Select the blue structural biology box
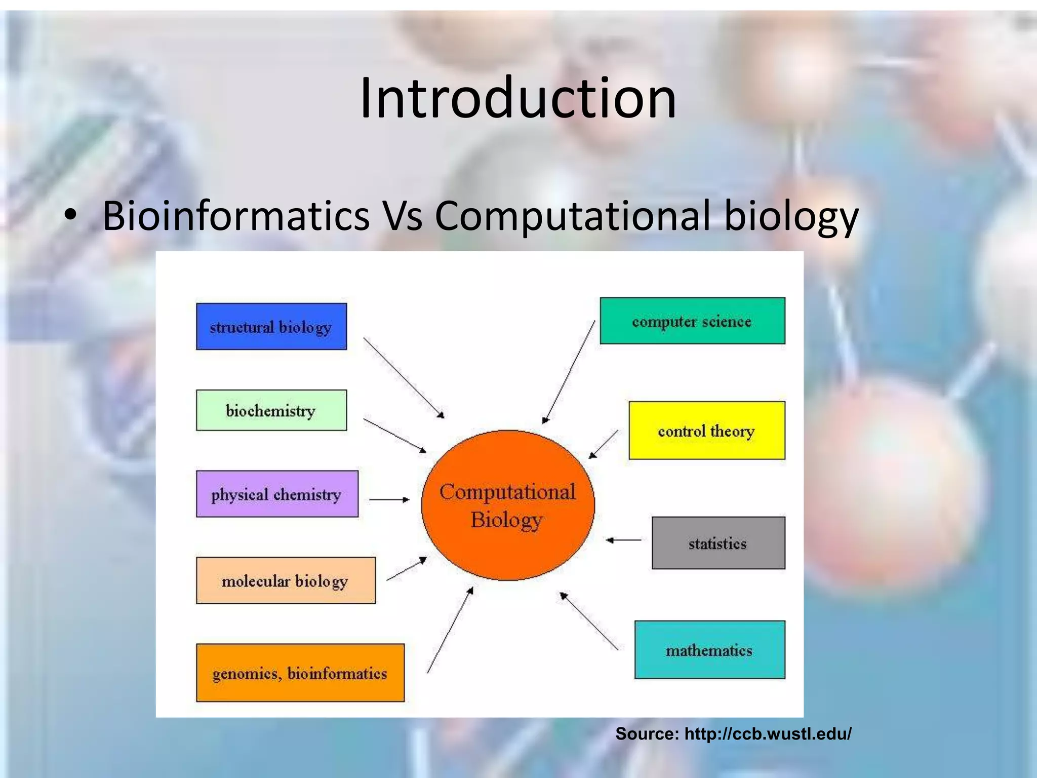(271, 327)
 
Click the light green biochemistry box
(271, 410)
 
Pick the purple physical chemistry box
(277, 494)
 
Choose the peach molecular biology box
(286, 580)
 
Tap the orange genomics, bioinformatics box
(300, 673)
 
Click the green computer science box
(692, 321)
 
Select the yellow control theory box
(706, 431)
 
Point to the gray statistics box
(718, 543)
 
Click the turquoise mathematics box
(709, 650)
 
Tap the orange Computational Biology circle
(507, 505)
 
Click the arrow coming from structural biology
(404, 378)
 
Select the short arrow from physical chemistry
(389, 499)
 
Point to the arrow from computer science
(569, 372)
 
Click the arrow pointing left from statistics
(624, 540)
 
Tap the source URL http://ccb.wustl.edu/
(767, 733)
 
